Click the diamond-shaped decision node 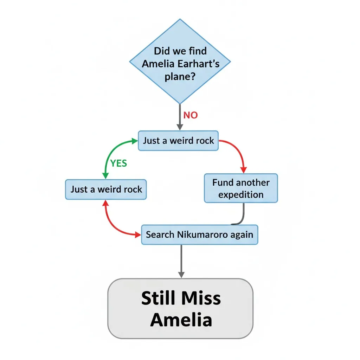[x=180, y=62]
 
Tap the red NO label [x=191, y=115]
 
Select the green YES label [x=118, y=163]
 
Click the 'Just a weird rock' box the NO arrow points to [x=178, y=141]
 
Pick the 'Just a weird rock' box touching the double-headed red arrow [x=106, y=189]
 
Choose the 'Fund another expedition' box [x=241, y=188]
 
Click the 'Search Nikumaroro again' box [x=200, y=234]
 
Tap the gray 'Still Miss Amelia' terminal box [x=180, y=309]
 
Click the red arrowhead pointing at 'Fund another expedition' [x=244, y=170]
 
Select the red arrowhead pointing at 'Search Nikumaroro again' [x=138, y=234]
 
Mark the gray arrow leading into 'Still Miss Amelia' [x=181, y=262]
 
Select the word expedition [x=241, y=195]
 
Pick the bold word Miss [x=202, y=298]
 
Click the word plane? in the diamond [x=180, y=76]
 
